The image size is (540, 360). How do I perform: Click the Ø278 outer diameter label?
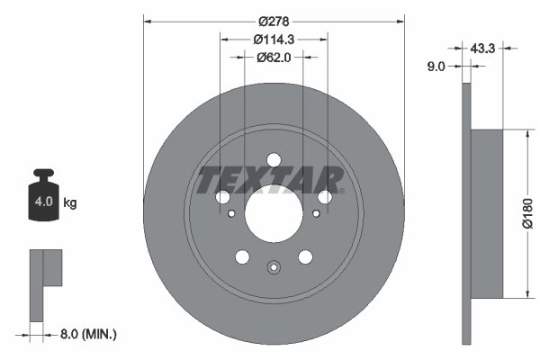pyautogui.click(x=274, y=21)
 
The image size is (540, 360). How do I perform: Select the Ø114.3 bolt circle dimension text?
pyautogui.click(x=274, y=39)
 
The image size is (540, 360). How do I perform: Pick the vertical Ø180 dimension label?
pyautogui.click(x=528, y=213)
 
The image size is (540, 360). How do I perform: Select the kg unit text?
pyautogui.click(x=70, y=203)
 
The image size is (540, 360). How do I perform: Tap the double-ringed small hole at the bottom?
pyautogui.click(x=274, y=266)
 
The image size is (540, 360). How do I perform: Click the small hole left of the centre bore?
pyautogui.click(x=232, y=214)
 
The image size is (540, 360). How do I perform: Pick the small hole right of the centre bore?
pyautogui.click(x=316, y=214)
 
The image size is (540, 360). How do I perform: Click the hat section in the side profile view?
pyautogui.click(x=485, y=213)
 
